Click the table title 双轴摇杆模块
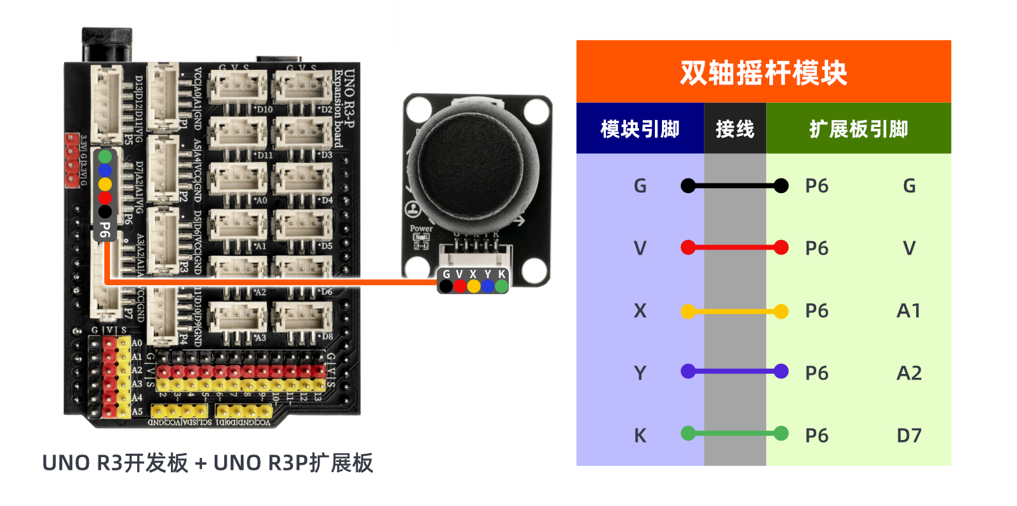pos(763,72)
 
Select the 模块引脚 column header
pos(640,129)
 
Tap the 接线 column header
pos(735,129)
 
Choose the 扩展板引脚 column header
pos(858,129)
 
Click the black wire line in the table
pos(734,186)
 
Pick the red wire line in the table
pos(734,248)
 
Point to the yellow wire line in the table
pos(734,311)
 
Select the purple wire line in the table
pos(734,371)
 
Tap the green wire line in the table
pos(734,434)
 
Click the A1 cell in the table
pos(908,310)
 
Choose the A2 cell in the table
pos(909,373)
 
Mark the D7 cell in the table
pos(909,436)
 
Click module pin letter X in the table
pos(640,310)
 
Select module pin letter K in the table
pos(640,436)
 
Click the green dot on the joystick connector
pos(501,286)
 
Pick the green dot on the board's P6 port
pos(105,156)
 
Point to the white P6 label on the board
pos(105,230)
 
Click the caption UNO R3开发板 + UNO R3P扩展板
pos(207,463)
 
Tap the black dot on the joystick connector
pos(446,286)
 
